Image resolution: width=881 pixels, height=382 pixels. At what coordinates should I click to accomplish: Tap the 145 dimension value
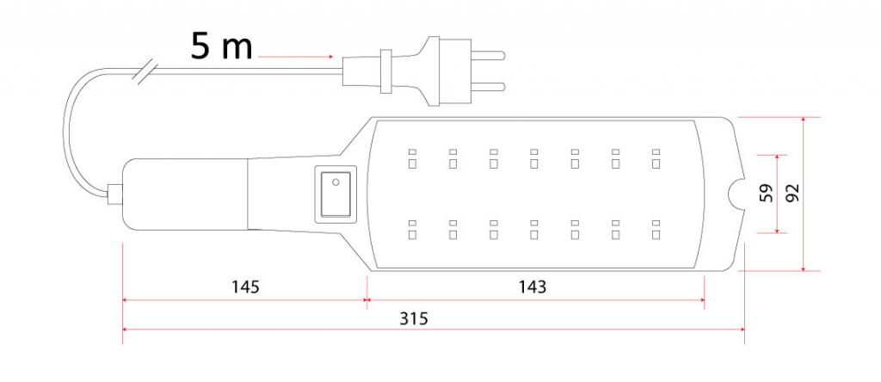coord(245,285)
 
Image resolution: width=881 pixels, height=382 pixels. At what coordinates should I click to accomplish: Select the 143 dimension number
coord(533,285)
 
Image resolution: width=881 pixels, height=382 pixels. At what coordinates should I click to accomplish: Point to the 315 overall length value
coord(413,317)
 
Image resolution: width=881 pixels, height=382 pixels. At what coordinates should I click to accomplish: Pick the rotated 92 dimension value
coord(792,193)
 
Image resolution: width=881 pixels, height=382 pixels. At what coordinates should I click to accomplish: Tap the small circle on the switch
coord(336,182)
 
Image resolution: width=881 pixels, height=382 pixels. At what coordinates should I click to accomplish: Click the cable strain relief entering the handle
coord(114,194)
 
